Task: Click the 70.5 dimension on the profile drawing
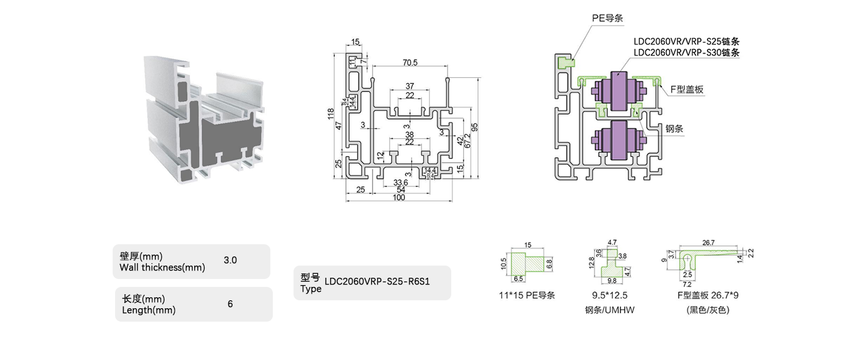410,62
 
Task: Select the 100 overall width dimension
399,197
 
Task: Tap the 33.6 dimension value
400,183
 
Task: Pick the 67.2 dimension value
467,141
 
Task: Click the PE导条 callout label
607,18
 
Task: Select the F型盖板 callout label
687,90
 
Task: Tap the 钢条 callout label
674,129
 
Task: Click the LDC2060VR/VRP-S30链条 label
686,52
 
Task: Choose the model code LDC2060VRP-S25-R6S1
378,282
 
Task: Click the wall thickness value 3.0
230,260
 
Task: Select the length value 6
230,303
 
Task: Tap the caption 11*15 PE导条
527,295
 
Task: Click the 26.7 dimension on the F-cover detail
709,242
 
